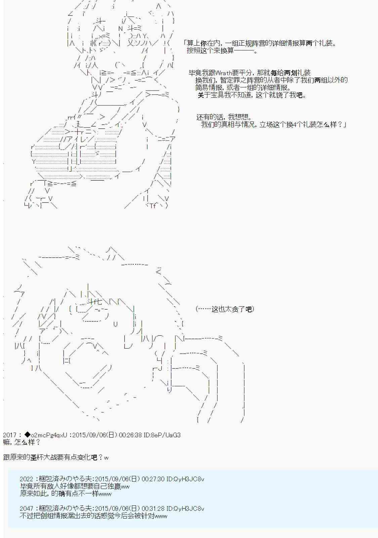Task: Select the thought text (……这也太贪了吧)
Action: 225,309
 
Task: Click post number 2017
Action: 10,435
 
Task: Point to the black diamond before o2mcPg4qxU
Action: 28,435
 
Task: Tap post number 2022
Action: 27,479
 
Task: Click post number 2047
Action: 27,508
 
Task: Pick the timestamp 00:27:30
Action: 153,479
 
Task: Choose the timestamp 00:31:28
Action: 153,508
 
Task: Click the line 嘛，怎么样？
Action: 22,442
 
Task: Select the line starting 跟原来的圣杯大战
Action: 56,457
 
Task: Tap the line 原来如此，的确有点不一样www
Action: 66,494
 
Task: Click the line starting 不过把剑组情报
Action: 93,516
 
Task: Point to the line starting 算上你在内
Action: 259,43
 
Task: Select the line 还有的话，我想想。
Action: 224,117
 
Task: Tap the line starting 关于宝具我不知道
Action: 252,95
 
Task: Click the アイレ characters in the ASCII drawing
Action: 77,139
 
